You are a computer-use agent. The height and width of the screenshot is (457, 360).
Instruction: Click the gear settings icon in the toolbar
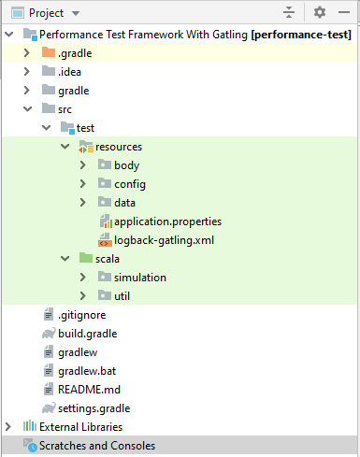(320, 13)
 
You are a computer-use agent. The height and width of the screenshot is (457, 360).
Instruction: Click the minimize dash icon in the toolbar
(346, 13)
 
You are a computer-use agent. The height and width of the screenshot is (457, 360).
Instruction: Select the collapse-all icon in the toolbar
(289, 13)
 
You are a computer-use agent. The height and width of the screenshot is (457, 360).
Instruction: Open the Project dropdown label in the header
(52, 13)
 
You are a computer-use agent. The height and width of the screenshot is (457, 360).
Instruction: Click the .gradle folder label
(74, 53)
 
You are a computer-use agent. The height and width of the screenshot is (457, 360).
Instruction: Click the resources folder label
(118, 147)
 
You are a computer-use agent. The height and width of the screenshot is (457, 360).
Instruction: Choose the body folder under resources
(126, 165)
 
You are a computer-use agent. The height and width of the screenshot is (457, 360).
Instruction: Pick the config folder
(129, 184)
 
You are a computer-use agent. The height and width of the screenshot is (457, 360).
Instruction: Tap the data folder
(124, 203)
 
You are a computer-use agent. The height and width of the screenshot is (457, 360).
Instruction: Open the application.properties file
(166, 221)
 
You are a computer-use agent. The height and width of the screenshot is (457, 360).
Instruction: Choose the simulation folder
(139, 278)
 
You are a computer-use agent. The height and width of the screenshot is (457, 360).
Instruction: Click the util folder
(122, 296)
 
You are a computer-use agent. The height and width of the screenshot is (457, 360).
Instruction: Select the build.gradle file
(87, 334)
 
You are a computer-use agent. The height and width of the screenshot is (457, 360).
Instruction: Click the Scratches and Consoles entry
(96, 446)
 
